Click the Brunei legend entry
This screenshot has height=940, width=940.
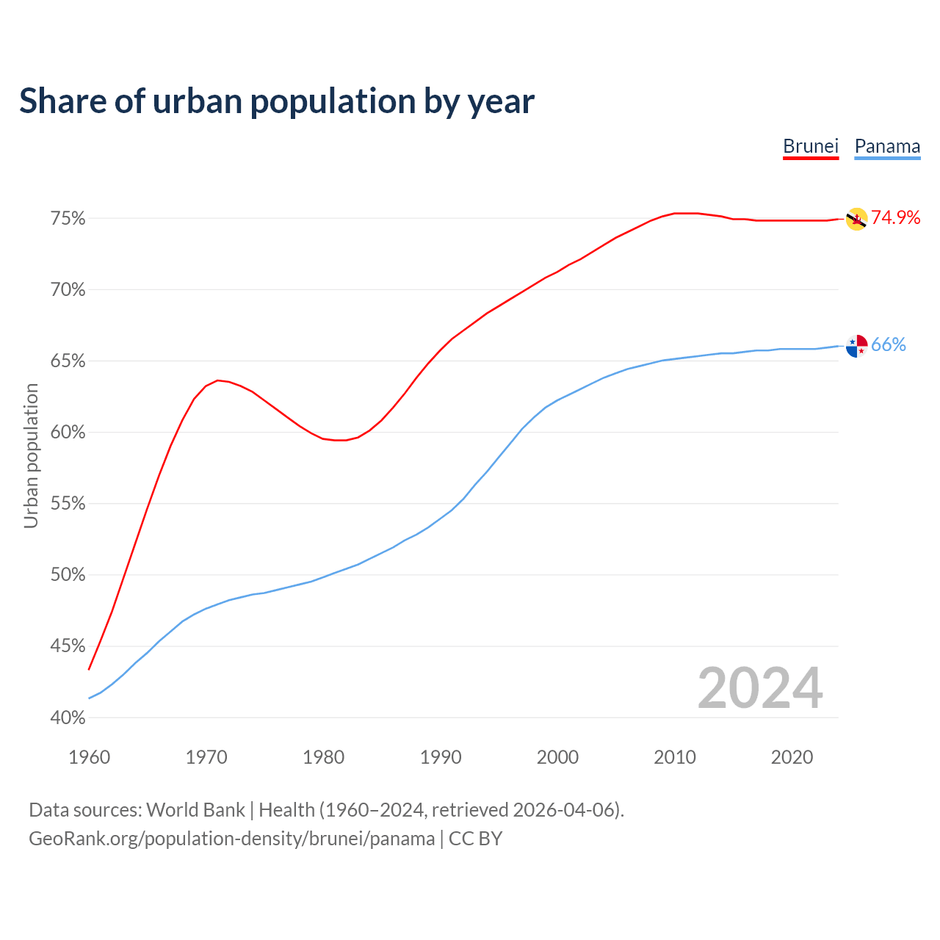tap(811, 146)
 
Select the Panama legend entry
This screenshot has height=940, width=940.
tap(887, 146)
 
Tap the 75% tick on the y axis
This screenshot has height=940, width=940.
tap(68, 219)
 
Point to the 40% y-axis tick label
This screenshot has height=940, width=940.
tap(68, 717)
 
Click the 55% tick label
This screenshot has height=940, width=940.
tap(68, 504)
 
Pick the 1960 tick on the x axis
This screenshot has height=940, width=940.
tap(89, 757)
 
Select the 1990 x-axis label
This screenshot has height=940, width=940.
tap(441, 757)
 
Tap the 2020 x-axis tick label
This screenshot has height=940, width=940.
tap(792, 757)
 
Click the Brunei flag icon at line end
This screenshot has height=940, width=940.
tap(856, 219)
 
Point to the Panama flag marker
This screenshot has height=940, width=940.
tap(856, 345)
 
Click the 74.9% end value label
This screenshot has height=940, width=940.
tap(895, 217)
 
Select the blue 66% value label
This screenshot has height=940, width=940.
tap(889, 345)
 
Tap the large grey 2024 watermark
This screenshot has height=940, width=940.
tap(760, 688)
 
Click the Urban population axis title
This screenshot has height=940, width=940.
tap(31, 455)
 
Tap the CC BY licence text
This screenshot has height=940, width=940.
tap(475, 839)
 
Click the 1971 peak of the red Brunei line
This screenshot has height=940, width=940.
tap(217, 380)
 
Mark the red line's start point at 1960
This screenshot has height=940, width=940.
tap(89, 669)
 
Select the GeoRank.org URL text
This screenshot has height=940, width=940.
tap(231, 839)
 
